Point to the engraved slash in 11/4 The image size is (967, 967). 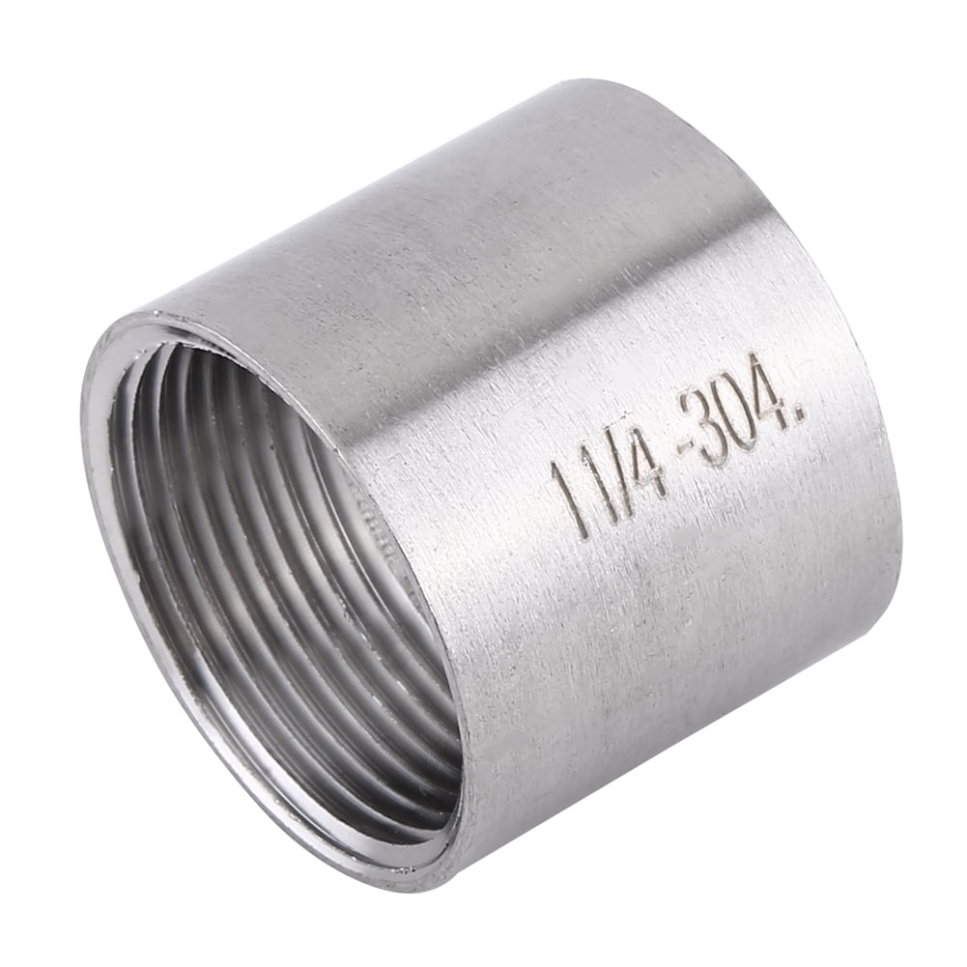618,470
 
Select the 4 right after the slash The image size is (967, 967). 647,462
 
